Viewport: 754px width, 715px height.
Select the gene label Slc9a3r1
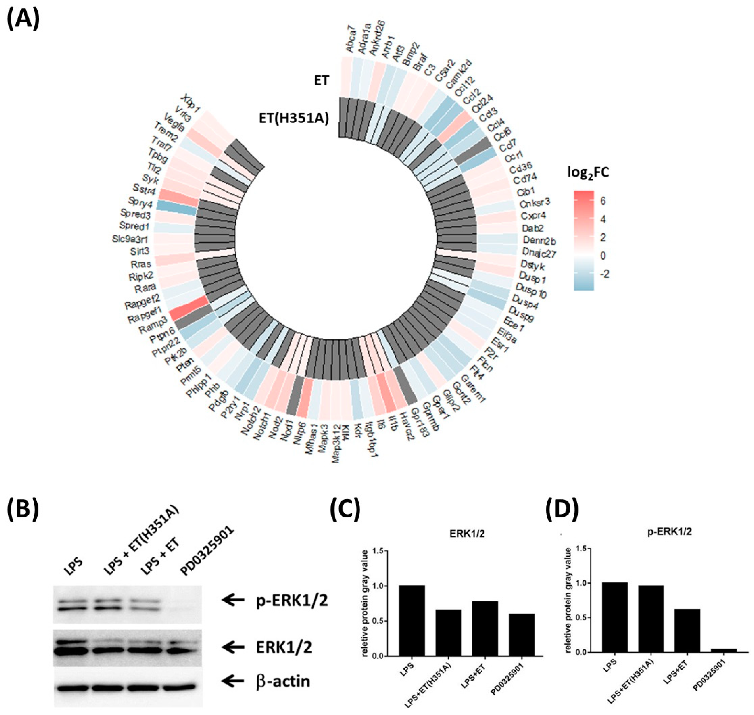tap(130, 239)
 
